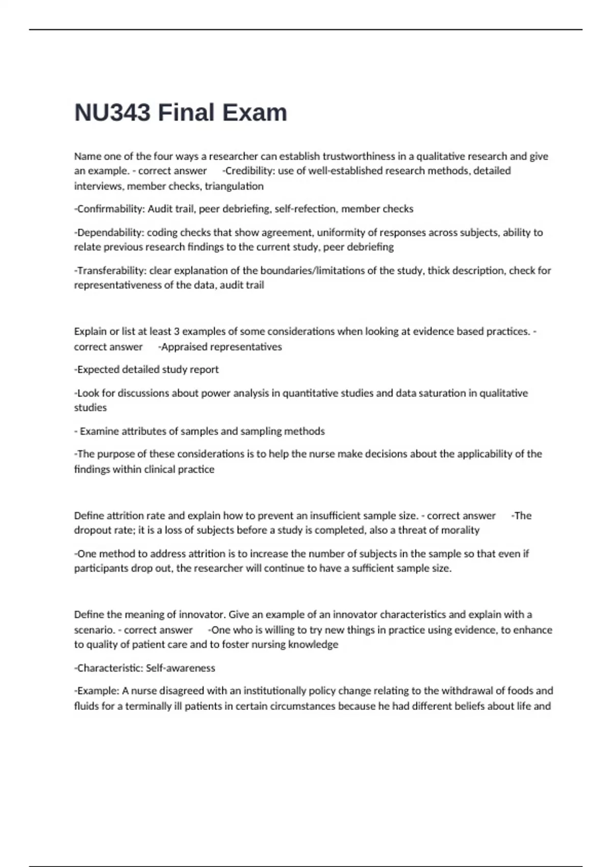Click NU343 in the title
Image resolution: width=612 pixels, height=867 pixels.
tap(113, 113)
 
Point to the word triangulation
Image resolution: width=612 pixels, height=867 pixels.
tap(234, 186)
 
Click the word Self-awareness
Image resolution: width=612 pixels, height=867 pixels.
tap(181, 668)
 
